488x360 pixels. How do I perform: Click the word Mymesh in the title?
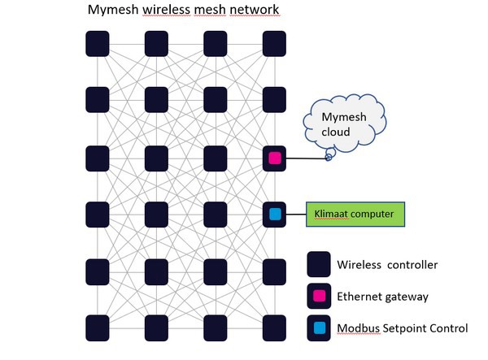click(x=112, y=11)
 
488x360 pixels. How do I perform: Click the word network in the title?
click(x=254, y=11)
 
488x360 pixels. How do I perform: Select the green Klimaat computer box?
click(x=354, y=215)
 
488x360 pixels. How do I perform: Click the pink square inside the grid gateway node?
click(x=274, y=158)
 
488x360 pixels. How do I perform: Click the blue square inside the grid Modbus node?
click(x=274, y=215)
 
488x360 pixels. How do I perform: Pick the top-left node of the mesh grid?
click(x=98, y=43)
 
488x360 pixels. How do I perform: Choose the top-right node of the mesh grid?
click(x=274, y=43)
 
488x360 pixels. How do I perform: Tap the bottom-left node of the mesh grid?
click(x=98, y=328)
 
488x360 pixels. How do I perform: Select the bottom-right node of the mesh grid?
click(x=274, y=328)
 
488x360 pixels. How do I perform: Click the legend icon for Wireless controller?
click(x=319, y=264)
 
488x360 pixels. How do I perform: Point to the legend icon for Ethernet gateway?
click(x=319, y=297)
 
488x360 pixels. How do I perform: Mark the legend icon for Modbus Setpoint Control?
click(x=319, y=328)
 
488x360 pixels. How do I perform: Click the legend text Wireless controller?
click(x=387, y=264)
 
